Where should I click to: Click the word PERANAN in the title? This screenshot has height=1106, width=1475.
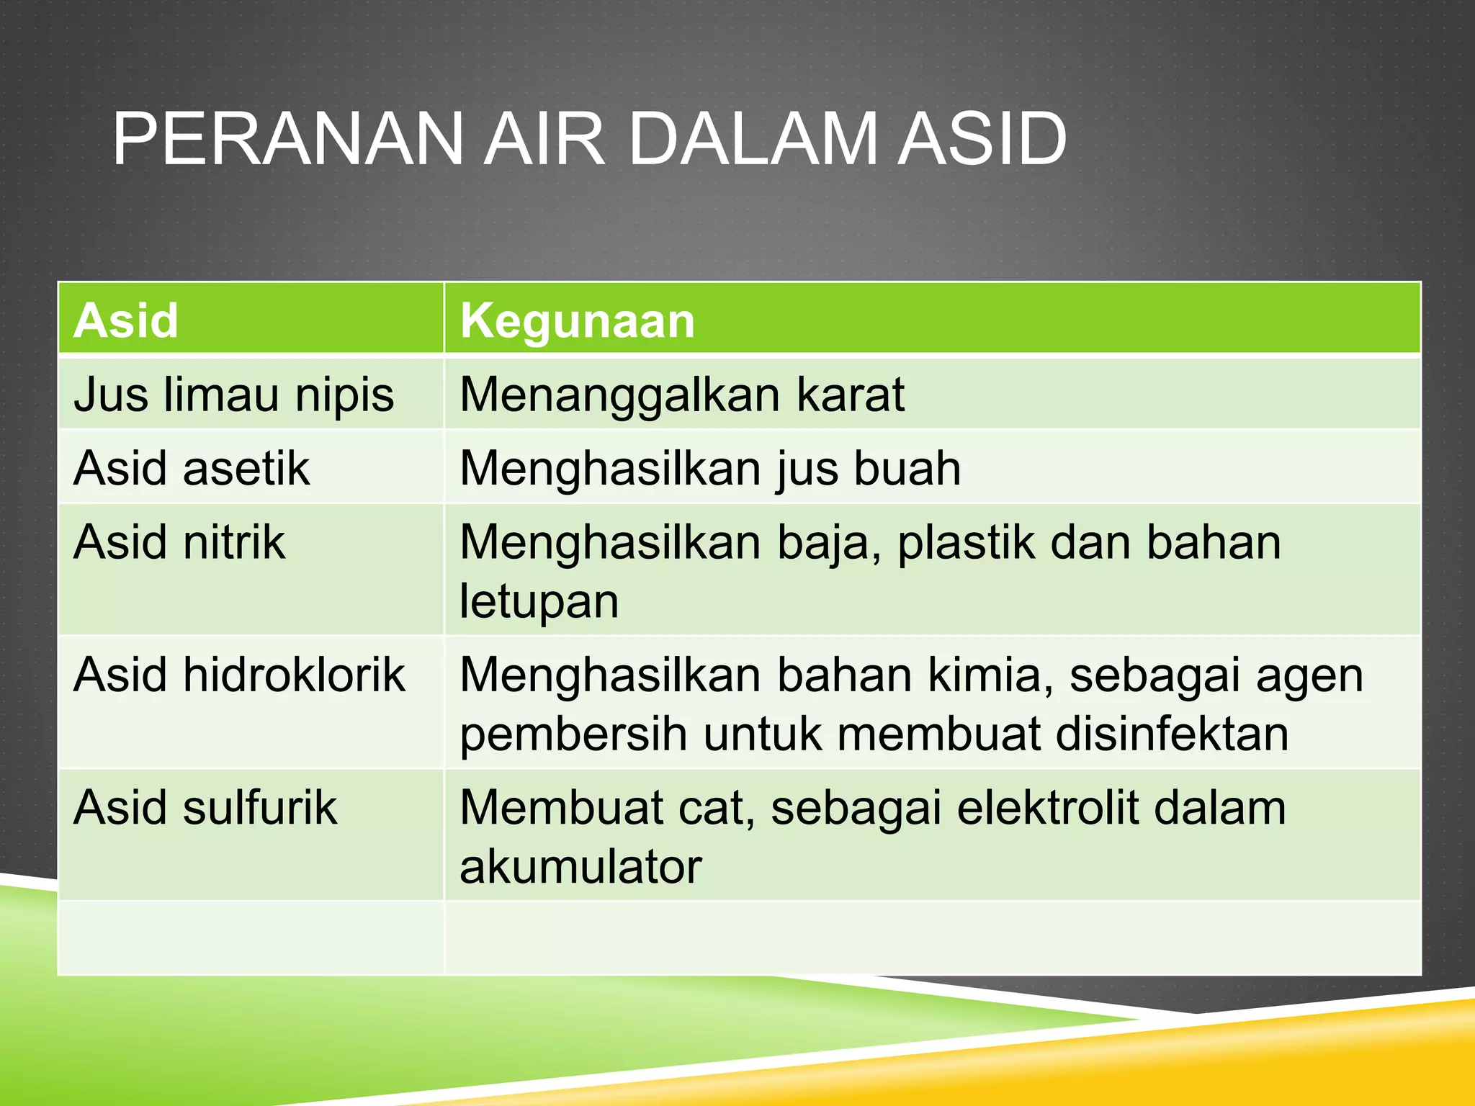pos(287,139)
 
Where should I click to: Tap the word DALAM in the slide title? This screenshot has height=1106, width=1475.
pos(752,139)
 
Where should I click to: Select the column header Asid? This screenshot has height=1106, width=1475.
pos(126,320)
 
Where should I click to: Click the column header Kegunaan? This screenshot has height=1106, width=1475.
pos(577,320)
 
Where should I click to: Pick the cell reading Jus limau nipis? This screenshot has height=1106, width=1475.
pos(233,395)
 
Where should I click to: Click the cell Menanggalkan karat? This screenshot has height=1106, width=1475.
pos(681,395)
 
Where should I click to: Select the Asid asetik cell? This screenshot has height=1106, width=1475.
pos(192,469)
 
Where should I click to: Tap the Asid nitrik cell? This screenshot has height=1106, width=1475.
pos(179,542)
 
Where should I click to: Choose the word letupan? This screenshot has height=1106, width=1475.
pos(539,602)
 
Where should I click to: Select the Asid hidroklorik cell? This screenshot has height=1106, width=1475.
pos(239,675)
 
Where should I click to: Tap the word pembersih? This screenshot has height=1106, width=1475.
pos(573,734)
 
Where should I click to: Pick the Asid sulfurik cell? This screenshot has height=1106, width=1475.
pos(205,808)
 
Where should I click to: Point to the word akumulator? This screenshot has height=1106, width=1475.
pos(580,867)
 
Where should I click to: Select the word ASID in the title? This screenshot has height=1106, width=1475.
pos(981,139)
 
